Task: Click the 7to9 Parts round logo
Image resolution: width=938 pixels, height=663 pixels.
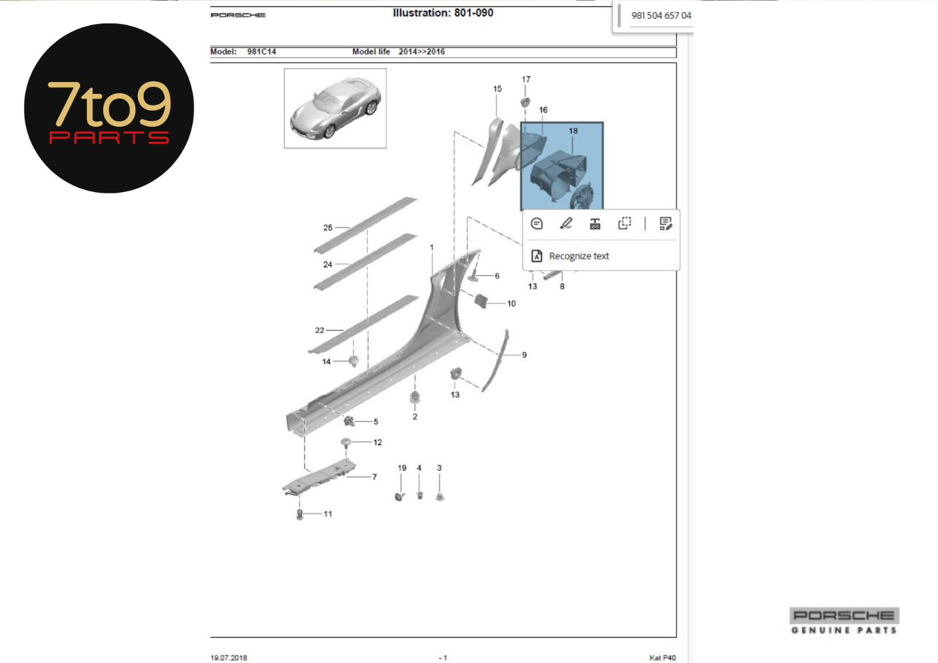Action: [109, 108]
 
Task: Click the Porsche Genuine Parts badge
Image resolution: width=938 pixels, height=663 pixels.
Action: [844, 621]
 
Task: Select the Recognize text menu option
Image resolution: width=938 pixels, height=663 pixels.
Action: [579, 256]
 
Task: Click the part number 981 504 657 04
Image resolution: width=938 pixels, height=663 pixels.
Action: [661, 15]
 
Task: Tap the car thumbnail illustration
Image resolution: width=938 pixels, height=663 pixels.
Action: [335, 108]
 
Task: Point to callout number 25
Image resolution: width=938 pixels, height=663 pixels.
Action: [328, 227]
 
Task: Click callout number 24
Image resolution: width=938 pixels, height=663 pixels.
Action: [328, 264]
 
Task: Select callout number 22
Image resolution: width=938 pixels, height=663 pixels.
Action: [320, 330]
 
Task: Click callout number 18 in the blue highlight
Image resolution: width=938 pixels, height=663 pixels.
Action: [573, 131]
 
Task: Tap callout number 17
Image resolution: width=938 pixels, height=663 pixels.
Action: [526, 79]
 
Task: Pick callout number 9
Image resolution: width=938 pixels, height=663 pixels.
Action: [524, 355]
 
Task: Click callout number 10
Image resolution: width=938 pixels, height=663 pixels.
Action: [511, 303]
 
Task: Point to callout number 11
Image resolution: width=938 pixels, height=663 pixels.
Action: [328, 514]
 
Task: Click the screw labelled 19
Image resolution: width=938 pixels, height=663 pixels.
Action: [400, 497]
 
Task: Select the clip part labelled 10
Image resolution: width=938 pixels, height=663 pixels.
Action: [481, 301]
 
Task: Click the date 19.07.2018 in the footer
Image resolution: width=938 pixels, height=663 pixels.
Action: [229, 658]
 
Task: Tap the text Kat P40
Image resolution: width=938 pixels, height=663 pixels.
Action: [662, 658]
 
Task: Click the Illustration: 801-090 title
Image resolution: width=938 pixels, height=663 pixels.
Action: [443, 13]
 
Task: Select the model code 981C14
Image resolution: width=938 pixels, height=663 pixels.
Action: [261, 52]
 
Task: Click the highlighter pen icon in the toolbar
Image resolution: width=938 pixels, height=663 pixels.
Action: [566, 223]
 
